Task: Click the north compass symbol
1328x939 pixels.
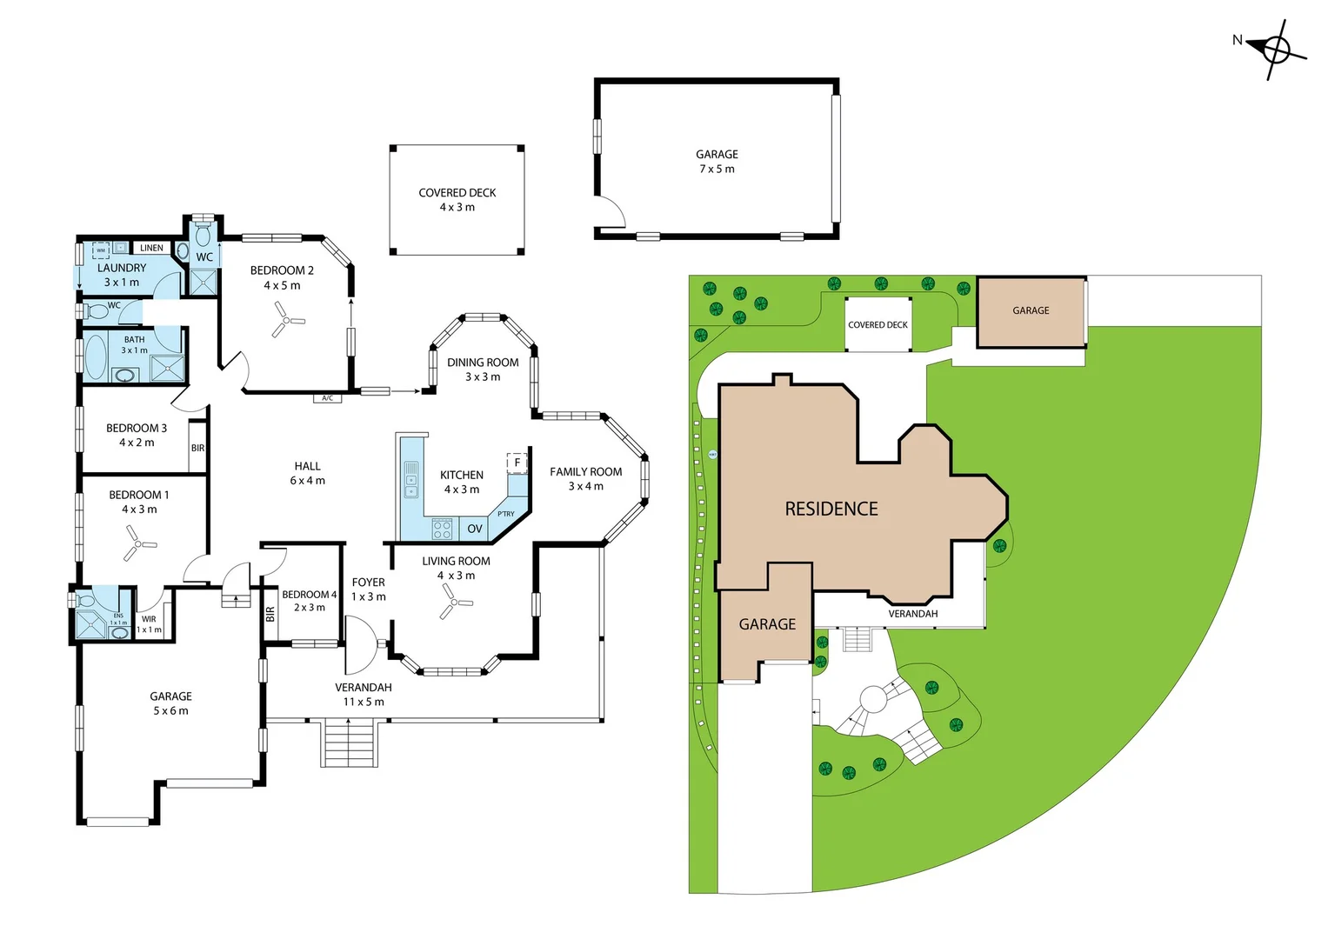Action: point(1276,50)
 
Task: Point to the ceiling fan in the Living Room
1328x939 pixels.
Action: point(453,601)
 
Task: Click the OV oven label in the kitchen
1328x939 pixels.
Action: point(475,529)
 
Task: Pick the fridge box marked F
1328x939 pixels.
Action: point(517,463)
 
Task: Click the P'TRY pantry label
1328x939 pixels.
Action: point(506,514)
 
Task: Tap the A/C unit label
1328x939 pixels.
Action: point(327,398)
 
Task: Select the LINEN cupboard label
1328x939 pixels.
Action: point(151,248)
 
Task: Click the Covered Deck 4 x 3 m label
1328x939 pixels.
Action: point(457,200)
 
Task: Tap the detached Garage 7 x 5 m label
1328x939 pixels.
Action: point(717,162)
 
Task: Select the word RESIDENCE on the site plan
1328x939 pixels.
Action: point(831,509)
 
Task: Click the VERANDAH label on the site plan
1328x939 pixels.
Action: point(912,614)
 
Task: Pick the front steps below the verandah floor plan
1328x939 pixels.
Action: point(350,743)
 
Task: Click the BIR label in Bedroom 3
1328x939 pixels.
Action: point(197,449)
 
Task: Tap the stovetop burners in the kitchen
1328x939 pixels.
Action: point(442,529)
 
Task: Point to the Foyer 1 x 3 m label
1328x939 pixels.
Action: point(368,589)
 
